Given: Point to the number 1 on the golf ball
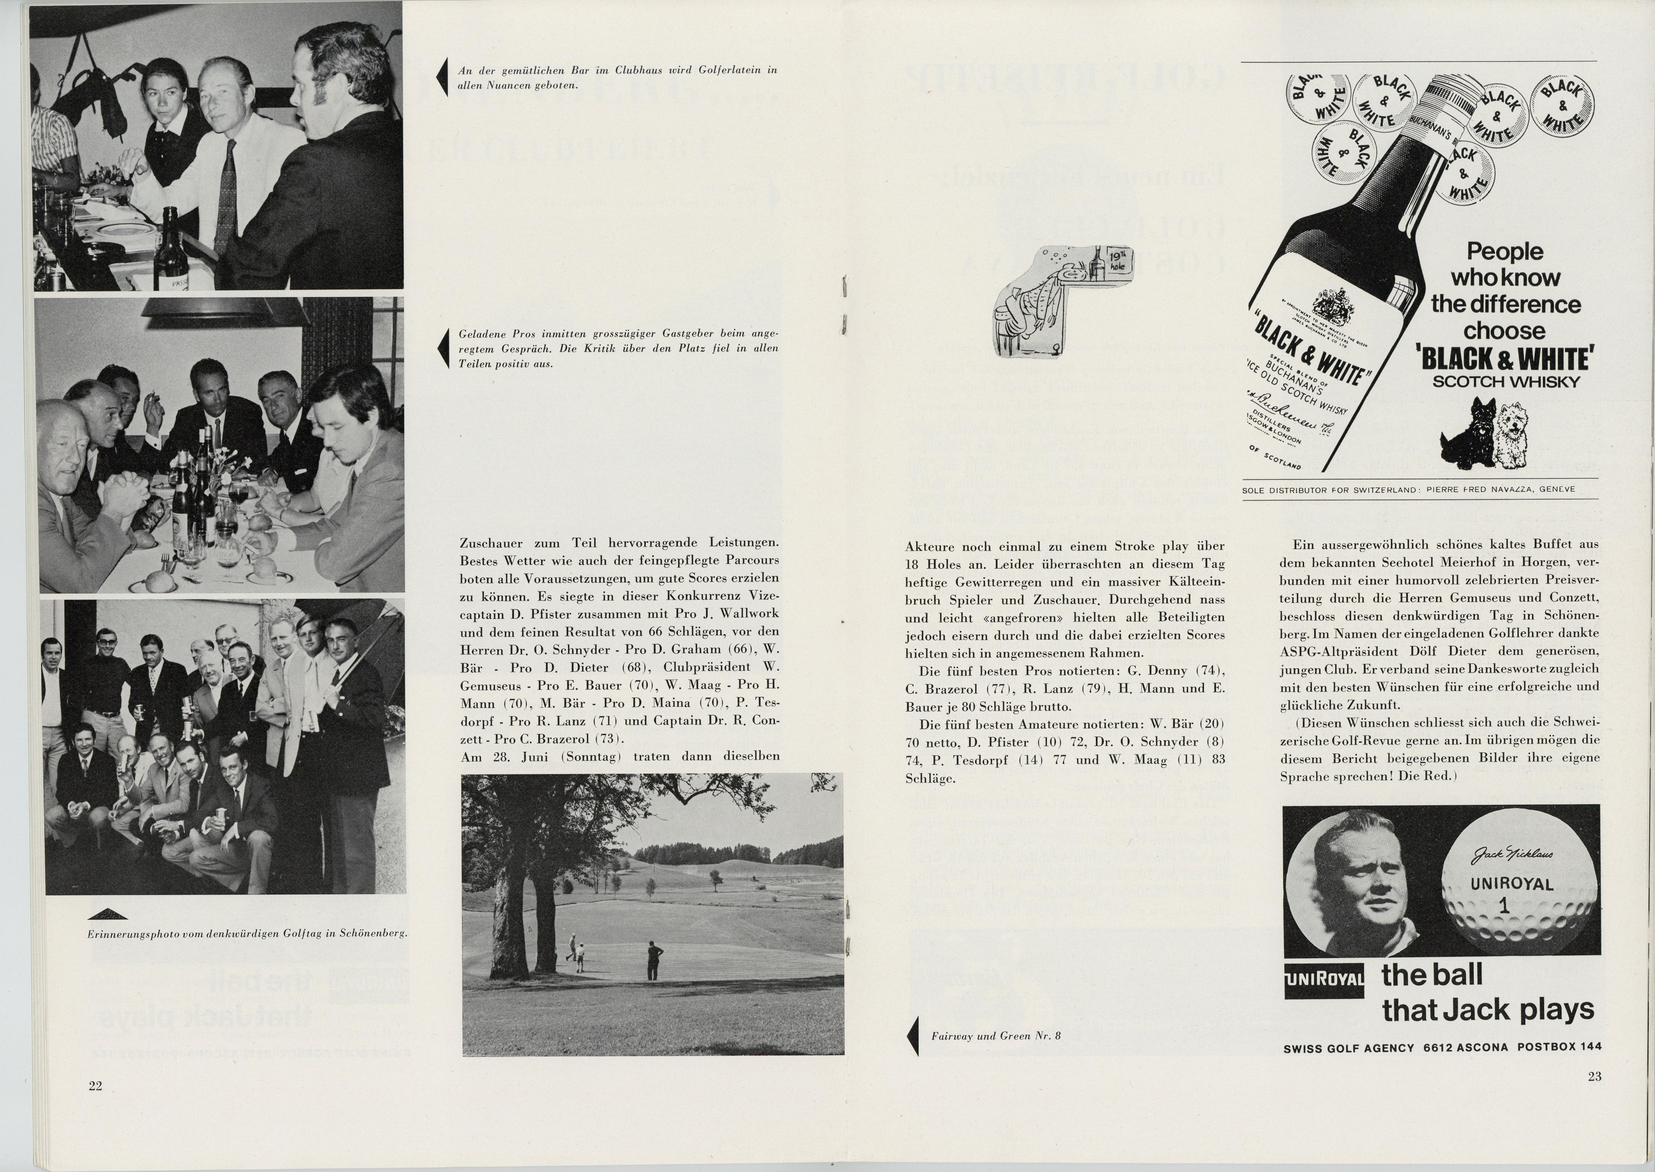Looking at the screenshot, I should click(1503, 905).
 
